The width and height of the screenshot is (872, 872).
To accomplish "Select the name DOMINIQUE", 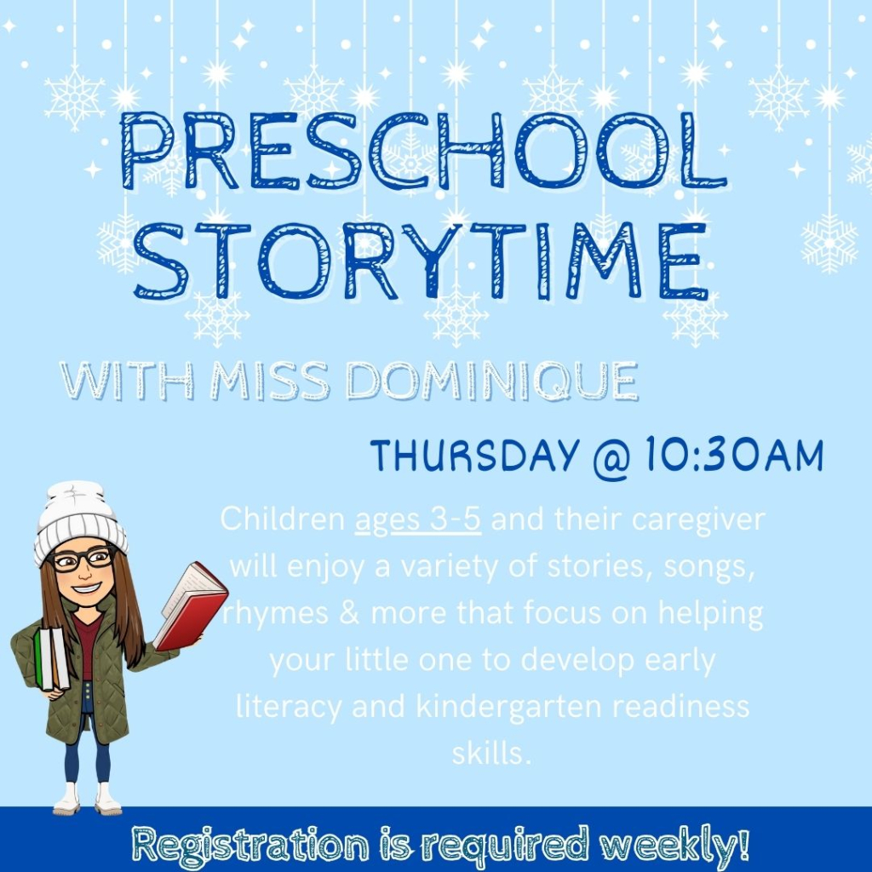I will [491, 381].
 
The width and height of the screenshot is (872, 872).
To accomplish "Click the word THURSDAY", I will [473, 456].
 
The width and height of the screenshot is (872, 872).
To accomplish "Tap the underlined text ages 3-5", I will [418, 519].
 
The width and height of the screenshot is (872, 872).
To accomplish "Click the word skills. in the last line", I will [492, 754].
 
